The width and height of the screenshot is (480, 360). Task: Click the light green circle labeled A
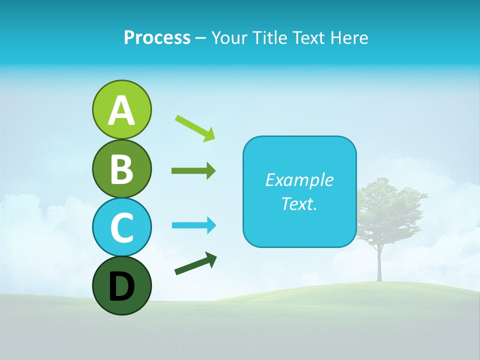pos(121,109)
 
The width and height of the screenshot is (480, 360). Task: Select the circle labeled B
pos(121,168)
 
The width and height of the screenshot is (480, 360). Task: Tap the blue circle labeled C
pos(121,227)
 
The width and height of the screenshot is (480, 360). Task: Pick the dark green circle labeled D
pos(121,285)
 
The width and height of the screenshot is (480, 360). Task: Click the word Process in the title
pos(157,37)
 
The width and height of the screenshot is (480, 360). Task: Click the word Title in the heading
pos(270,37)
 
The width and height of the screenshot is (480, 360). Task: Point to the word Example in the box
pos(299,180)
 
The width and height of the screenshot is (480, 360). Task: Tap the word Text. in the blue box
pos(299,203)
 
